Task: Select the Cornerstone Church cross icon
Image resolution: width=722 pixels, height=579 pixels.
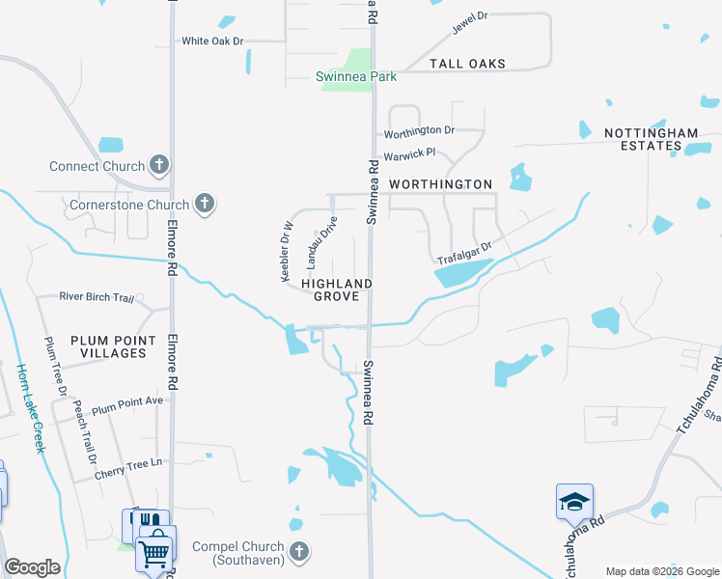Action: coord(204,204)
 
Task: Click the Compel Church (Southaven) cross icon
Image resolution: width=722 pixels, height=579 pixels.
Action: coord(299,551)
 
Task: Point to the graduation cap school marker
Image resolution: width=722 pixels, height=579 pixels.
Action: coord(574,502)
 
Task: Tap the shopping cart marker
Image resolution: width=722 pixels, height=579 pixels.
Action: coord(154,553)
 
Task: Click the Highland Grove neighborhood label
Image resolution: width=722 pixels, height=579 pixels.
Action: coord(337,289)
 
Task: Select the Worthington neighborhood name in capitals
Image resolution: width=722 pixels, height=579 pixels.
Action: coord(440,183)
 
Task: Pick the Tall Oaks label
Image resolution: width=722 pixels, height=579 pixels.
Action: coord(467,64)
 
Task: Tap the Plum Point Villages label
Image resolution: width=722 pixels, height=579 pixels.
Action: coord(108,346)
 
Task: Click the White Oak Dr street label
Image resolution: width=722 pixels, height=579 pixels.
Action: coord(213,41)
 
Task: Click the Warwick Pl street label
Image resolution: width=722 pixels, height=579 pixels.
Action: coord(410,153)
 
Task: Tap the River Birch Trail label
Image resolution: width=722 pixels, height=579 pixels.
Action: coord(97,297)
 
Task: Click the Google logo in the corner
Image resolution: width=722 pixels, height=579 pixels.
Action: coord(32,567)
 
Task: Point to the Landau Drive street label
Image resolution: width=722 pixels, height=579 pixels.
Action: coord(322,242)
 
